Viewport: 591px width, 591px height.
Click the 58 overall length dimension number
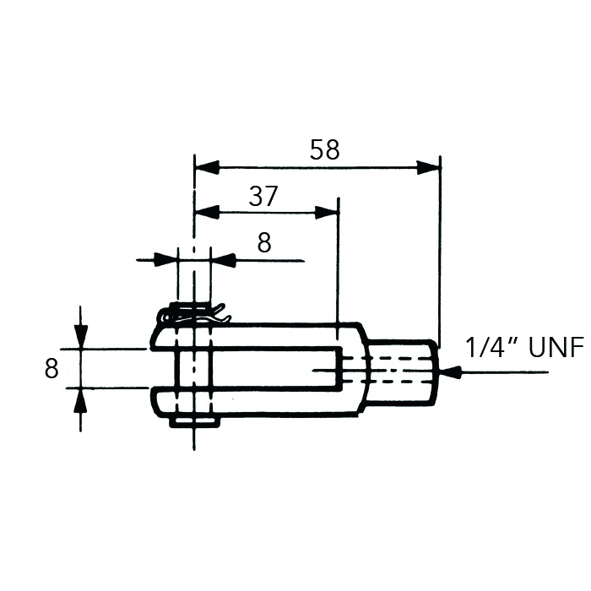[x=324, y=150]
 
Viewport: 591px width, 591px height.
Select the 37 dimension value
[x=263, y=196]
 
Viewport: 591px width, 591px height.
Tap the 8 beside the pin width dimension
[x=264, y=243]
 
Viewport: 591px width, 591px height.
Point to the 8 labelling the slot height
[x=52, y=369]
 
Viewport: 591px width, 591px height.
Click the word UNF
[x=556, y=348]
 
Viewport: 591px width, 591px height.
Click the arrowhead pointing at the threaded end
[x=450, y=371]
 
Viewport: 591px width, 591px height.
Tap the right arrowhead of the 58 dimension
[x=429, y=167]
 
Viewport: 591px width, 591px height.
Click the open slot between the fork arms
[x=270, y=369]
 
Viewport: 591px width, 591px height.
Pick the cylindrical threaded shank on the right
[x=404, y=370]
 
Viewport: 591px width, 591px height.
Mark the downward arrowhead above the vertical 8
[x=80, y=337]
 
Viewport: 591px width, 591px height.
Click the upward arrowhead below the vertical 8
[x=80, y=399]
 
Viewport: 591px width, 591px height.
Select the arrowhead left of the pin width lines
[x=166, y=260]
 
